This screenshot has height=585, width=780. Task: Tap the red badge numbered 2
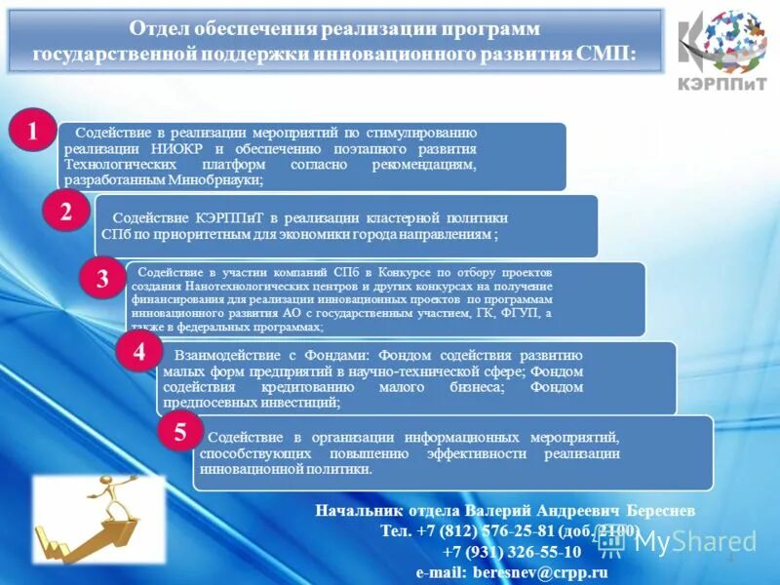[x=66, y=213]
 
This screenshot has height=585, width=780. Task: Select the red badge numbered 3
[x=101, y=279]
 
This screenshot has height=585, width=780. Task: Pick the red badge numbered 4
[x=139, y=353]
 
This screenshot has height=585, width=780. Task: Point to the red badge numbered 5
[x=180, y=433]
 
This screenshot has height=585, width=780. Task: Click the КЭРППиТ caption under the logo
[x=722, y=83]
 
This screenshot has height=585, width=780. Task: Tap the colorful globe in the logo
[x=731, y=41]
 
